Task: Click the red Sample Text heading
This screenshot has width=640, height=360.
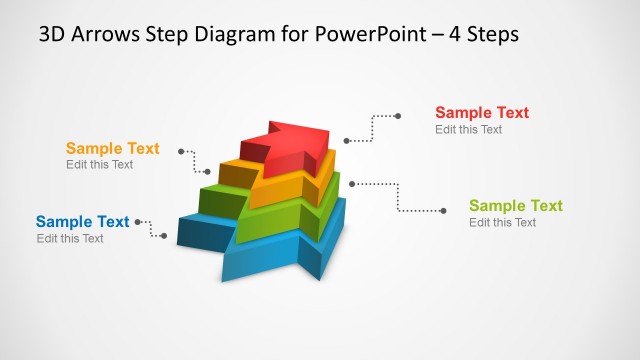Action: pos(481,113)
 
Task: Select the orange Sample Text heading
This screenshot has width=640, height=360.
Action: pos(112,149)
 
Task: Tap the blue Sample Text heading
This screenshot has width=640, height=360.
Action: pos(82,222)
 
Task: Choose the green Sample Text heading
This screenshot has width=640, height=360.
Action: pos(515,206)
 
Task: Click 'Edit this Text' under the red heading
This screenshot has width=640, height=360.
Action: pos(468,130)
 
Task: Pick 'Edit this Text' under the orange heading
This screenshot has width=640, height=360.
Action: pos(99,165)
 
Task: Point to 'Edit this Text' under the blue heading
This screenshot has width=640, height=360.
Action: pos(70,238)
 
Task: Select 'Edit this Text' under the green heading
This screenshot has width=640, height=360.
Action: pos(502,222)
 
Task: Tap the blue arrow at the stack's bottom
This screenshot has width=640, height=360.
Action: pos(275,255)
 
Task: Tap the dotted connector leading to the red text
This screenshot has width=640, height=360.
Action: pos(372,128)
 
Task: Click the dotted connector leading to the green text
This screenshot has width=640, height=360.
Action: pos(399,196)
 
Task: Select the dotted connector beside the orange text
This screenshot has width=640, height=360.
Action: pos(194,162)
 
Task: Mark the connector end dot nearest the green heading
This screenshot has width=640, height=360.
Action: pos(444,210)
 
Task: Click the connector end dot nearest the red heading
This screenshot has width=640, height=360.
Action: pos(399,116)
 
